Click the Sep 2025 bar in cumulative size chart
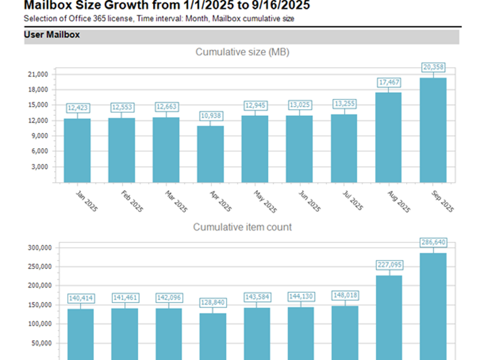coord(433,130)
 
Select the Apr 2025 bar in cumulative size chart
coord(211,154)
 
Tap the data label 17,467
coord(389,82)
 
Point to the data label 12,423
coord(77,108)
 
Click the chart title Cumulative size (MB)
coord(242,52)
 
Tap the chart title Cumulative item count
coord(242,227)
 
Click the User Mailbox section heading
coord(52,35)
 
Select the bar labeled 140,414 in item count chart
coord(80,334)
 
